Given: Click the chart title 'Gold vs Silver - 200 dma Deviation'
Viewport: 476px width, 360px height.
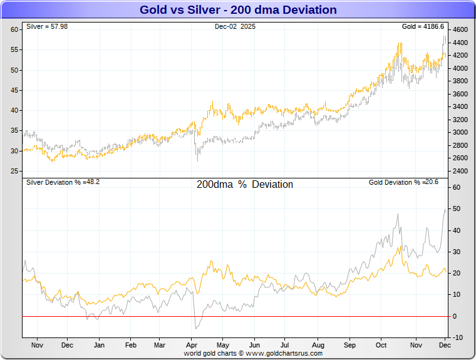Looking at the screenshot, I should [237, 10].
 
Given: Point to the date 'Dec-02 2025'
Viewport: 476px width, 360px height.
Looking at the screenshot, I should [235, 26].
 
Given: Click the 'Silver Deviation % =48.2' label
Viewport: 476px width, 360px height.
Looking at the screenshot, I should [63, 182].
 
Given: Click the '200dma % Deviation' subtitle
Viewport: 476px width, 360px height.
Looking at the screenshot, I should [244, 185].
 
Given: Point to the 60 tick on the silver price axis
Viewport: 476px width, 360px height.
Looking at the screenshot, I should [14, 30].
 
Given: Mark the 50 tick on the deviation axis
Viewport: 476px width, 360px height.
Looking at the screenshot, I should [457, 209].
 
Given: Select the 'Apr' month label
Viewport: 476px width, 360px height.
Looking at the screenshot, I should [193, 345].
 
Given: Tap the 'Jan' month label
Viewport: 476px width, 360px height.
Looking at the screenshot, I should [99, 345].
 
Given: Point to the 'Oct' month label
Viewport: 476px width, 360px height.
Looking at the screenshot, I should [381, 345].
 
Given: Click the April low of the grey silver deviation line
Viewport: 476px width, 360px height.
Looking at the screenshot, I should [196, 328].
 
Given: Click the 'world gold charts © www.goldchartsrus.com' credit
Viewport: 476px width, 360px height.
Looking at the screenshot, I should [253, 353].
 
